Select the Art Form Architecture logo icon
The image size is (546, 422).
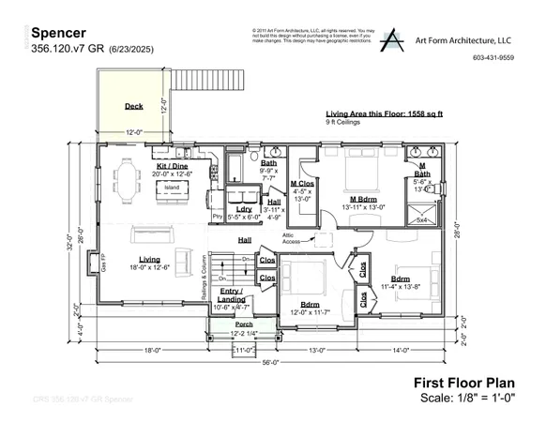(392, 38)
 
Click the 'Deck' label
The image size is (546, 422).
(134, 107)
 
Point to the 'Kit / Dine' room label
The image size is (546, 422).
(173, 166)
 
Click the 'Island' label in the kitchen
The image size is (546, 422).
(172, 188)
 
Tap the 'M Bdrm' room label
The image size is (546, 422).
(362, 199)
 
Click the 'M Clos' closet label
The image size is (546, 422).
(302, 183)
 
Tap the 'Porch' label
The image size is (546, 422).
(244, 324)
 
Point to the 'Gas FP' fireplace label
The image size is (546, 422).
(103, 266)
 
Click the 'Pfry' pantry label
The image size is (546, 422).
(217, 216)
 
